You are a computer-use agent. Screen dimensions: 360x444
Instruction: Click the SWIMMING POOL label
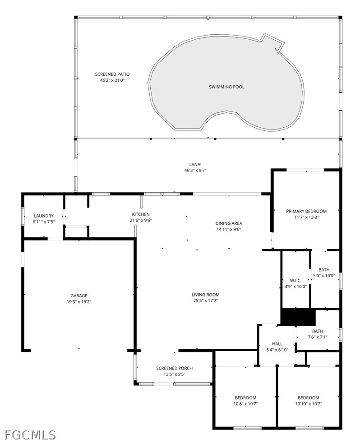(x=226, y=87)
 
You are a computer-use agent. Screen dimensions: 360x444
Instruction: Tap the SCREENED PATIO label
(x=112, y=74)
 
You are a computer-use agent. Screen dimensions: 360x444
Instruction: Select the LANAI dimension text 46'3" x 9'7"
(x=195, y=171)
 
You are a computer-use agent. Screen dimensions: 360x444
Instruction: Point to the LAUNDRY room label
(x=44, y=216)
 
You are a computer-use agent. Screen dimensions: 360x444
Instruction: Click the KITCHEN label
(x=141, y=214)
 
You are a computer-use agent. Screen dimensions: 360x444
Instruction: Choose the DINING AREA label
(x=229, y=223)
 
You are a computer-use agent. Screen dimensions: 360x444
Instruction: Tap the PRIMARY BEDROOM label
(x=306, y=211)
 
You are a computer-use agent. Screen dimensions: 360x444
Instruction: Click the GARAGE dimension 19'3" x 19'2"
(x=79, y=302)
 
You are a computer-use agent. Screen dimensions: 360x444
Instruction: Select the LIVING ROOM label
(x=206, y=295)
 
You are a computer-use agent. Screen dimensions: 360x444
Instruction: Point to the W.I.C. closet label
(x=295, y=281)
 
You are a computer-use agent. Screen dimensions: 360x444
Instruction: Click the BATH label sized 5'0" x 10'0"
(x=324, y=270)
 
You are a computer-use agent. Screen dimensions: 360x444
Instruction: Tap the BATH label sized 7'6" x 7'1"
(x=318, y=331)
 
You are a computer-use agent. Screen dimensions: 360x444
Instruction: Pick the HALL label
(x=277, y=344)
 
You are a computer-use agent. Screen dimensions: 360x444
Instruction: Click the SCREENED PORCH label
(x=174, y=368)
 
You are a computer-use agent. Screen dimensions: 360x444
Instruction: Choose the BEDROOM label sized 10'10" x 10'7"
(x=309, y=398)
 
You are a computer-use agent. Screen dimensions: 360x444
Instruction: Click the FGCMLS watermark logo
(x=30, y=435)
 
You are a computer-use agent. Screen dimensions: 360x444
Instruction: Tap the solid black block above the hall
(x=298, y=317)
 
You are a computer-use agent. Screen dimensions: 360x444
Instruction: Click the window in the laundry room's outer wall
(x=23, y=216)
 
